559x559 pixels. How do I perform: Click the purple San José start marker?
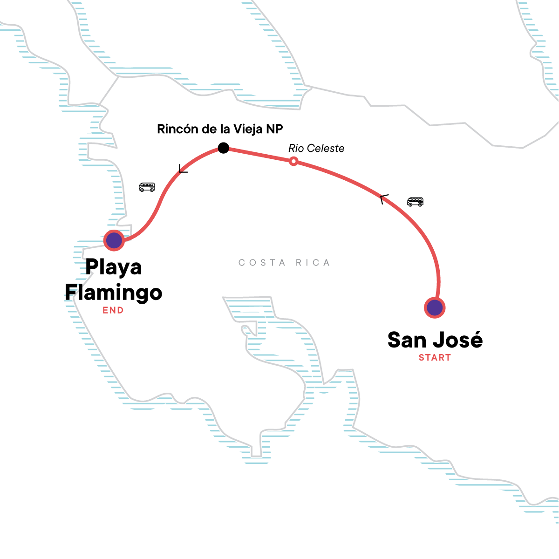coord(435,307)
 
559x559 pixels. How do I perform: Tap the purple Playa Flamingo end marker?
coord(114,240)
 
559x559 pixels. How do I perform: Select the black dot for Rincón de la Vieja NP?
coord(224,148)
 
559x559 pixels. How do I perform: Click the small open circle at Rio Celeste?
coord(293,161)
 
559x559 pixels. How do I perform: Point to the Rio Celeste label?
coord(316,149)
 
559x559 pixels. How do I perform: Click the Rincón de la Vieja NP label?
coord(220,129)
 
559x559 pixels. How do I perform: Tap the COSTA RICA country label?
coord(284,263)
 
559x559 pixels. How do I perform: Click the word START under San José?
coord(435,358)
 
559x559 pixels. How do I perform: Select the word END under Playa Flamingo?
coord(113,310)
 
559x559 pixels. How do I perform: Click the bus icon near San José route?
coord(415,202)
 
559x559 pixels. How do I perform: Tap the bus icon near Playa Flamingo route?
coord(147,187)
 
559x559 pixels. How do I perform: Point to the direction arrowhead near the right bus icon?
coord(383,199)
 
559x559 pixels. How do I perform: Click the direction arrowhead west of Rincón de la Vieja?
coord(183,170)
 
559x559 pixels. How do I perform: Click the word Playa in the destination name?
coord(114,267)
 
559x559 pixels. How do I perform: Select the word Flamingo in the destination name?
coord(114,293)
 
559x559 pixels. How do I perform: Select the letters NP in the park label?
coord(275,129)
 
